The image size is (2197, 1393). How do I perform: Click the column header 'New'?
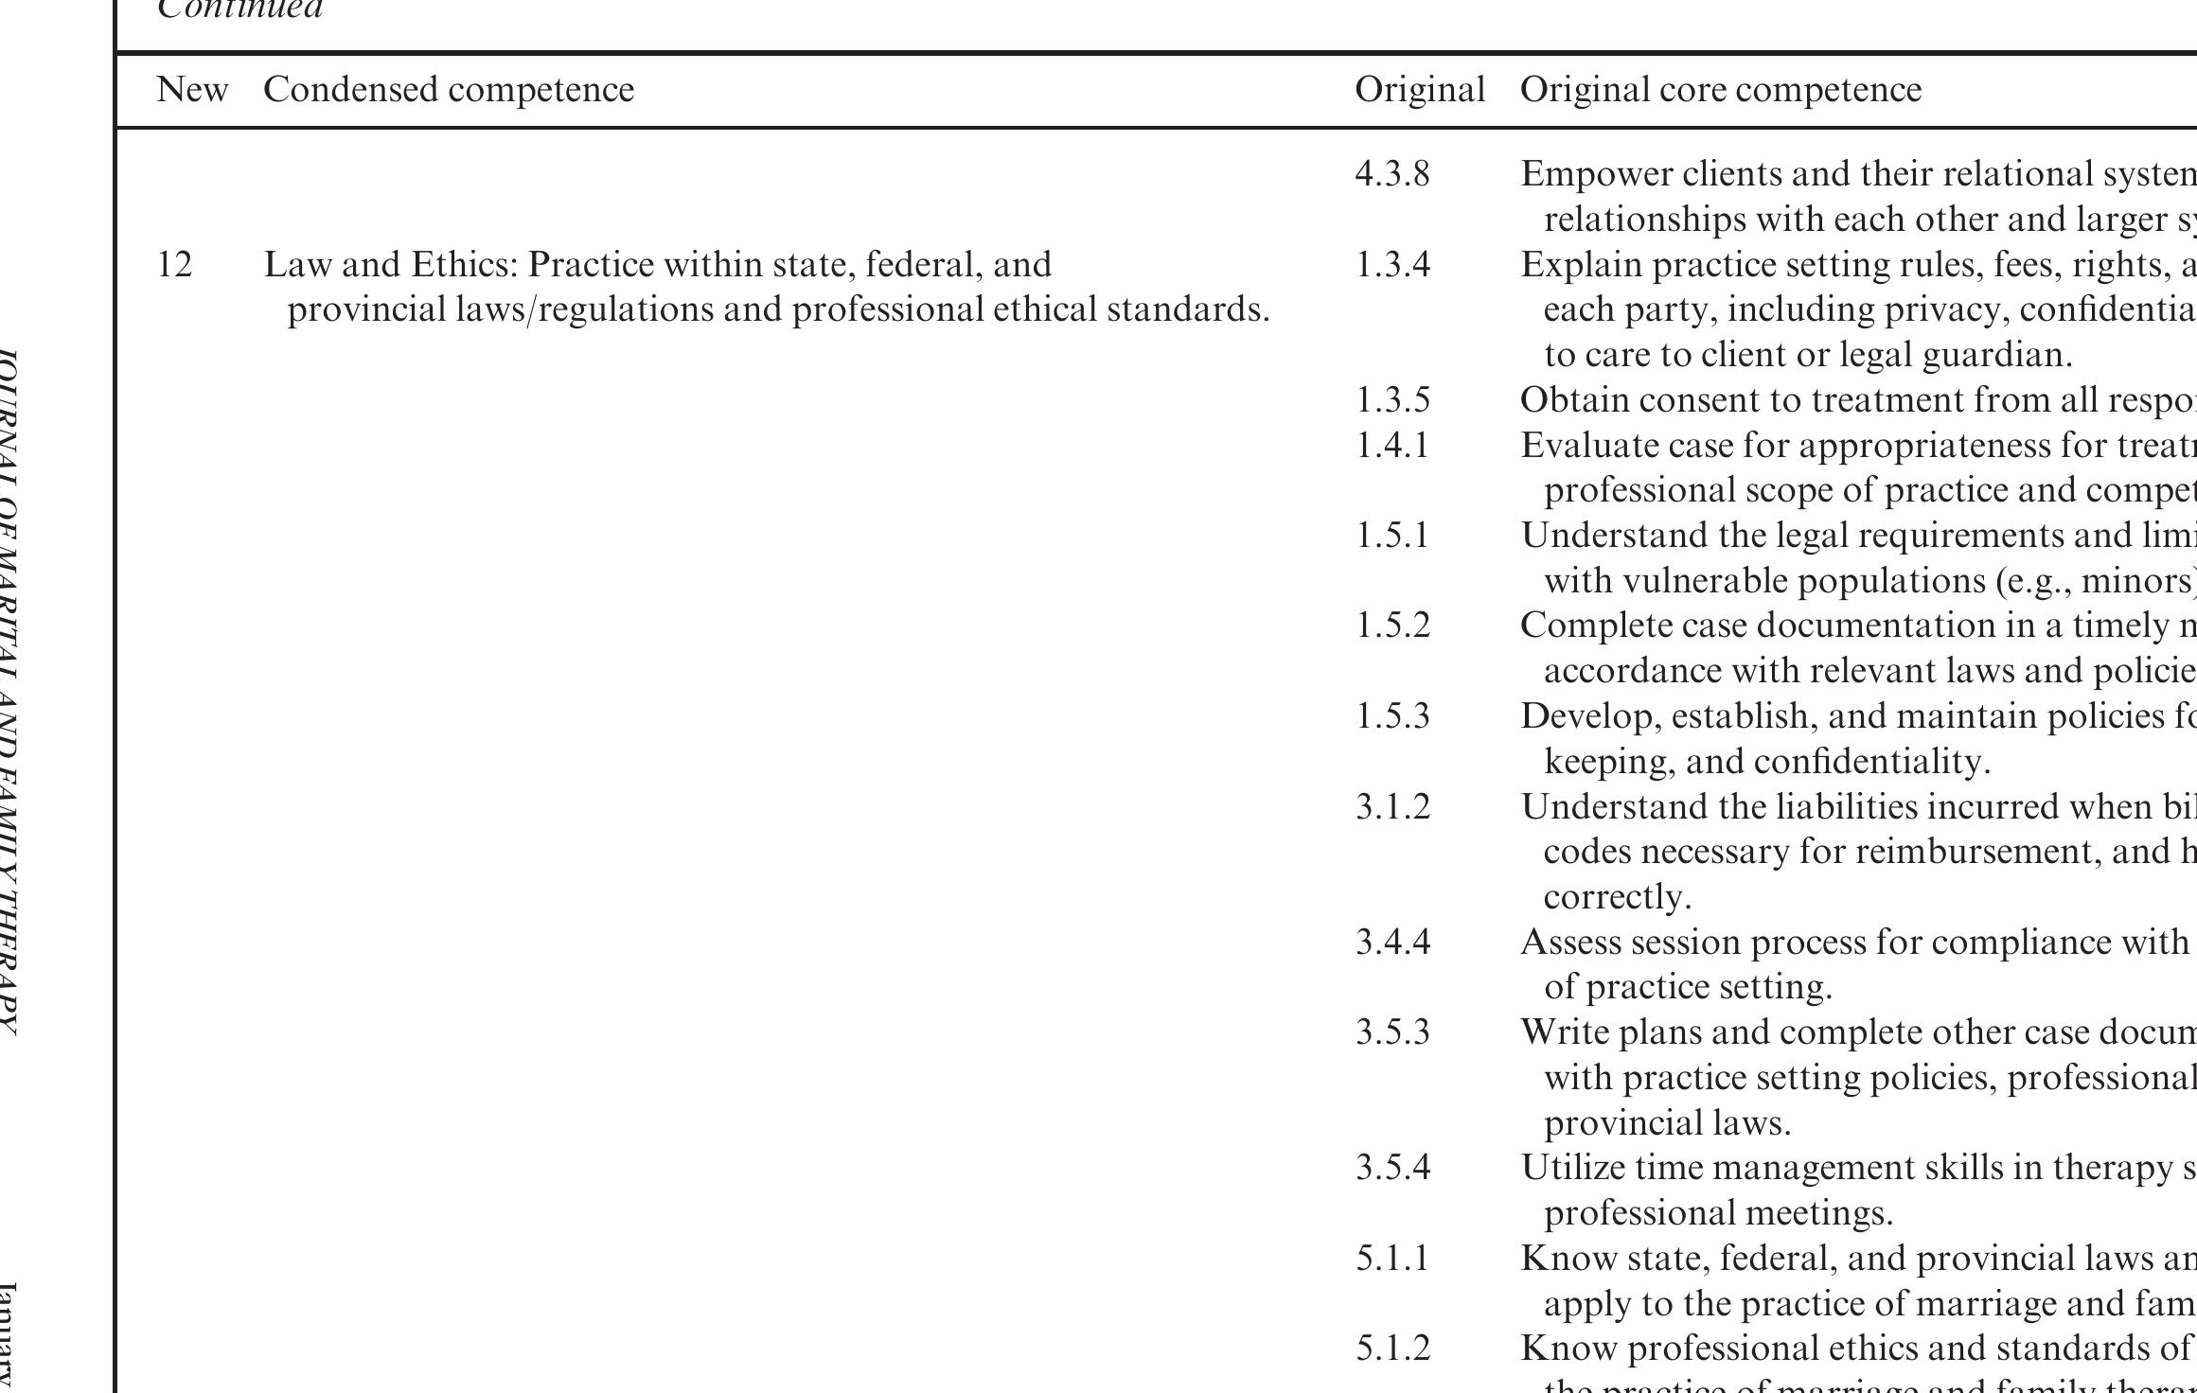[x=192, y=90]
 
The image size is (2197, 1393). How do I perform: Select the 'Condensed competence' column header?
[x=449, y=90]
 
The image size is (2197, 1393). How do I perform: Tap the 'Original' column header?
[x=1419, y=90]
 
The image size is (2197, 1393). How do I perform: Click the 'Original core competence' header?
[x=1720, y=90]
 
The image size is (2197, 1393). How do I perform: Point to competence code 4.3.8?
[x=1391, y=174]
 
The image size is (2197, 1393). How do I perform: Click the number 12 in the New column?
[x=174, y=265]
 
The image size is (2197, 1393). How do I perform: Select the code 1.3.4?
[x=1391, y=265]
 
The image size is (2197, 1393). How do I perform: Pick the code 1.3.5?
[x=1391, y=400]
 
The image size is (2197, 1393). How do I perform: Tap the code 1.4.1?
[x=1391, y=445]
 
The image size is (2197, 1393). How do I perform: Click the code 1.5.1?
[x=1391, y=536]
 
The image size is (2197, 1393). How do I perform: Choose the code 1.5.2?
[x=1391, y=626]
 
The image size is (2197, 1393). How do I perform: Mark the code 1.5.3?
[x=1391, y=716]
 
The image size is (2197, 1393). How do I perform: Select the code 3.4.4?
[x=1391, y=943]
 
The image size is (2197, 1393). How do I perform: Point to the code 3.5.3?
[x=1391, y=1032]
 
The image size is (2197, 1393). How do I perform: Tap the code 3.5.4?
[x=1391, y=1168]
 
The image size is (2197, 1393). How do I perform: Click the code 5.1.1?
[x=1391, y=1259]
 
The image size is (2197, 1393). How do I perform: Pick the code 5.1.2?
[x=1391, y=1349]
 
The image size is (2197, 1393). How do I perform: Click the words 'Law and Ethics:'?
[x=390, y=265]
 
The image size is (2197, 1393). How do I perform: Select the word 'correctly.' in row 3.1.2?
[x=1617, y=897]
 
